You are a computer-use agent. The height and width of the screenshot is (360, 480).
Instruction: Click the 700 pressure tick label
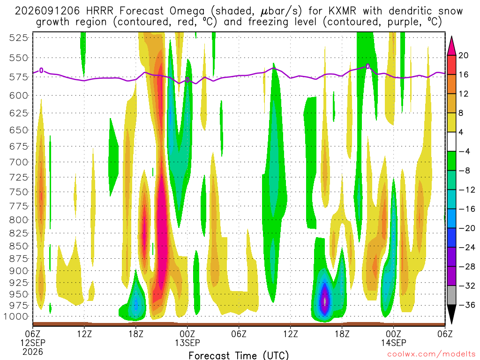click(18, 162)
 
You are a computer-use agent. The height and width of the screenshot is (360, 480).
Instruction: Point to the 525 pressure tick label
click(18, 37)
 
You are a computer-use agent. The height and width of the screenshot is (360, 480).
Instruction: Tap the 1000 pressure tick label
click(16, 316)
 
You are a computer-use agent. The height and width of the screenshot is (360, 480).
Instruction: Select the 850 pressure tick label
click(18, 246)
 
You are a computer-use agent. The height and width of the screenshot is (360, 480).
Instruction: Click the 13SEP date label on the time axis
click(187, 343)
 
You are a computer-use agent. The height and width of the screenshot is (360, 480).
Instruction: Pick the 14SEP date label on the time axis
click(394, 343)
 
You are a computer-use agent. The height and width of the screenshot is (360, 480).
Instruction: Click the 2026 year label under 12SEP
click(33, 352)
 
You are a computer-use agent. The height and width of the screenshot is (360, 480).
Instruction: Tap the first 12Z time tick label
click(84, 334)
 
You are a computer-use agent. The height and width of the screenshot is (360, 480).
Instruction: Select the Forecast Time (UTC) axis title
click(239, 355)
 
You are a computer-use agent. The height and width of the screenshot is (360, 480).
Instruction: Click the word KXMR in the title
click(342, 11)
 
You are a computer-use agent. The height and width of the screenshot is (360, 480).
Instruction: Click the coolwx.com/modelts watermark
click(431, 354)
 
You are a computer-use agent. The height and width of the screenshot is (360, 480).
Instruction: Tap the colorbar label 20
click(463, 55)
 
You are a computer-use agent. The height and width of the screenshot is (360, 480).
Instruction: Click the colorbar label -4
click(465, 151)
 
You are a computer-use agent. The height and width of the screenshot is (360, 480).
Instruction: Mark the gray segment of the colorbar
click(451, 295)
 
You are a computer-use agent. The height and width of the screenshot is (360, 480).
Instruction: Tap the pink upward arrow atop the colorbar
click(451, 46)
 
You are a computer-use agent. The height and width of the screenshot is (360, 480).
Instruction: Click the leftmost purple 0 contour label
click(41, 70)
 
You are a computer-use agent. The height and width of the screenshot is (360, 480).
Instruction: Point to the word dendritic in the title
click(410, 11)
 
